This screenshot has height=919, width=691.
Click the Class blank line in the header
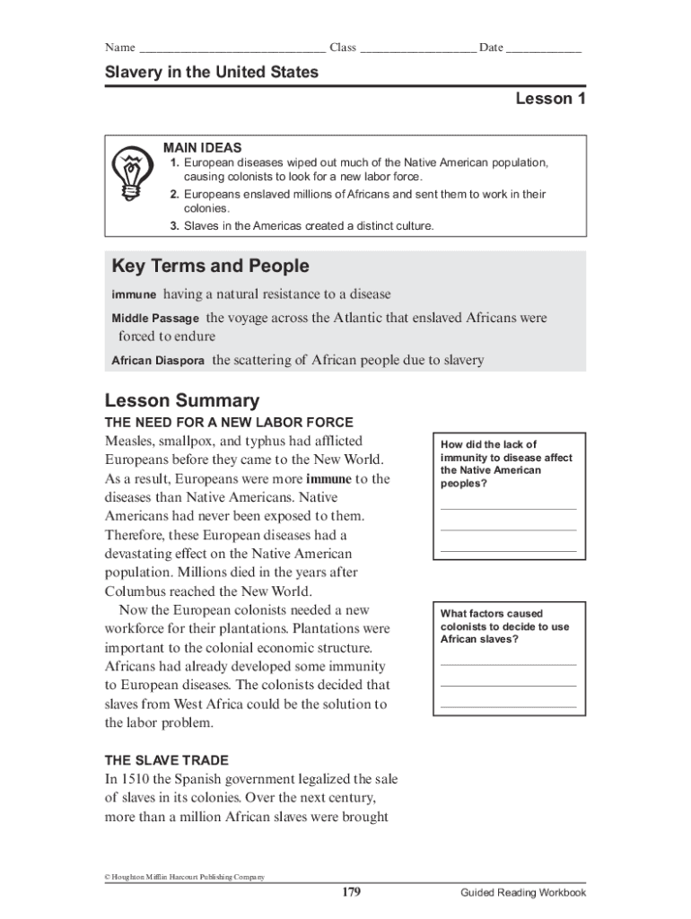[x=417, y=49]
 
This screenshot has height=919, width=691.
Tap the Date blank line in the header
[x=543, y=49]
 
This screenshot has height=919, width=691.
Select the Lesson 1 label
[x=550, y=99]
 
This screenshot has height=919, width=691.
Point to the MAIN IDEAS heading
[x=202, y=147]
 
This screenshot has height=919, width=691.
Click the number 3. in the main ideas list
[x=175, y=226]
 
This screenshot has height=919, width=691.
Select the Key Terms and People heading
[x=210, y=267]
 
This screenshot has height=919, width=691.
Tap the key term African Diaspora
[x=158, y=361]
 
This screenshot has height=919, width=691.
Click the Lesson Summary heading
[x=182, y=400]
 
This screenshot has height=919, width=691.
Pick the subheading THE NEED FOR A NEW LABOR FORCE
[x=229, y=422]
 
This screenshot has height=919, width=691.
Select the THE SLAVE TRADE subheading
[x=167, y=759]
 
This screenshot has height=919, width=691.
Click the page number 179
[x=351, y=892]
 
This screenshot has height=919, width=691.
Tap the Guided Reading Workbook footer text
[x=523, y=892]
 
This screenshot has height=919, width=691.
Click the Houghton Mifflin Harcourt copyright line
[x=185, y=877]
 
